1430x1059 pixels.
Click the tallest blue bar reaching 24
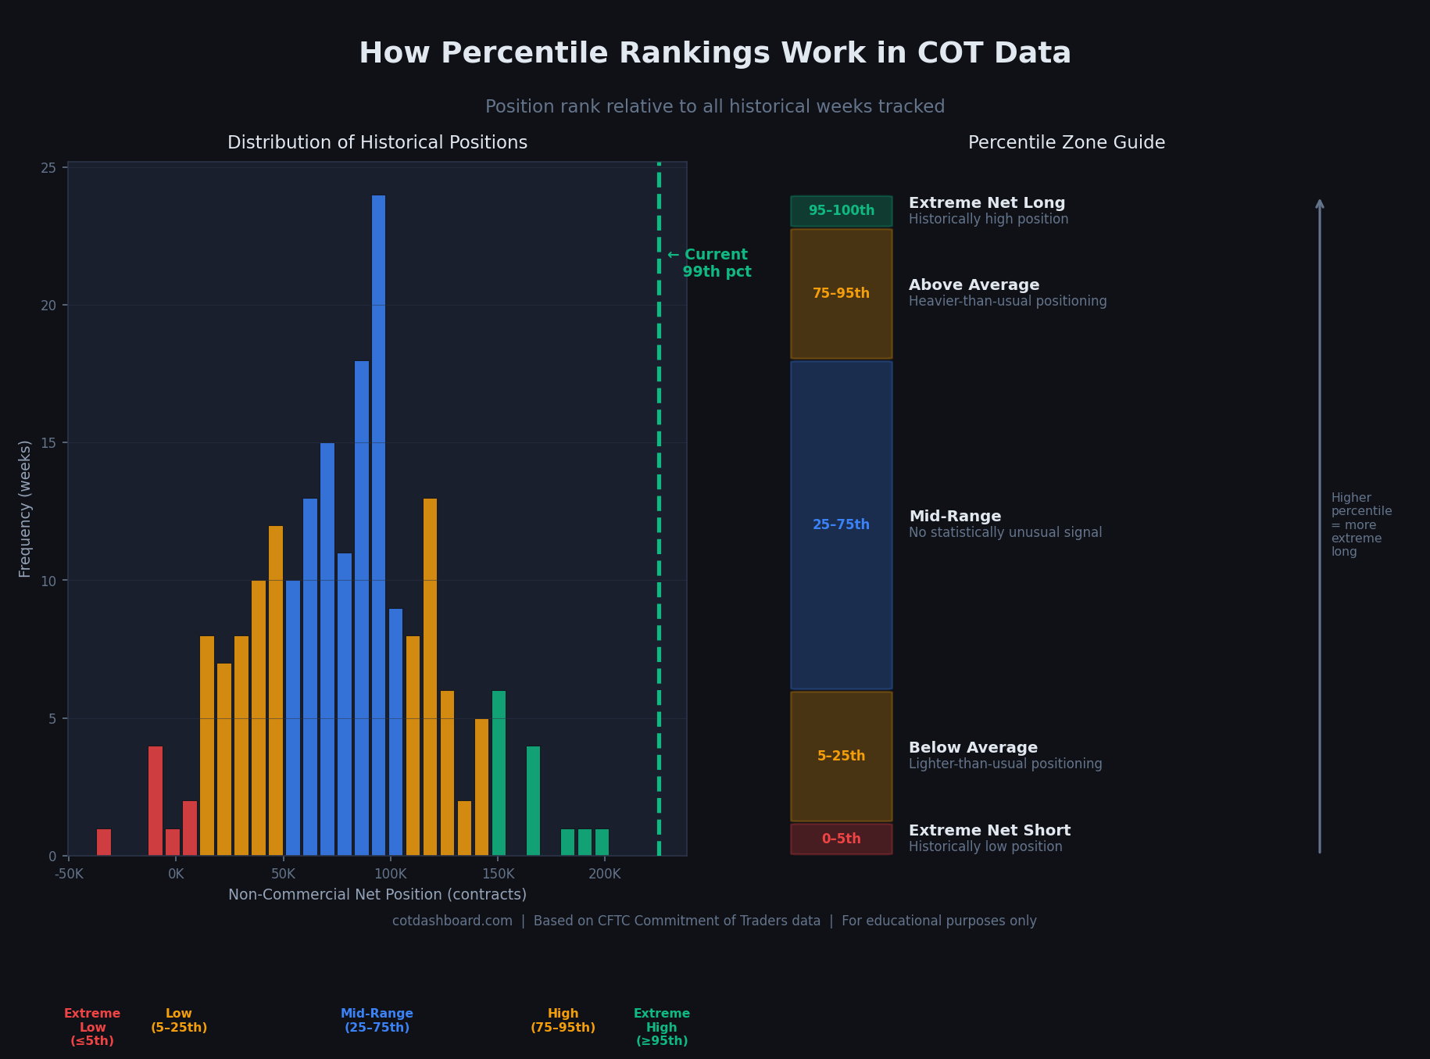pos(378,525)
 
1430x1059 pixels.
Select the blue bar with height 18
pos(361,608)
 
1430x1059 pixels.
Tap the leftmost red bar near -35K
pos(104,843)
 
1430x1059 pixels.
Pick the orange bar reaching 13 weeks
pos(430,677)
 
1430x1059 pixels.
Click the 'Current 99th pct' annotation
pos(710,263)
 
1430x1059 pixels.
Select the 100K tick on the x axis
pos(390,874)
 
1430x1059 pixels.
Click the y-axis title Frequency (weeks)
pos(25,509)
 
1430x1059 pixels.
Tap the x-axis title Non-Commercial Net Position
pos(377,895)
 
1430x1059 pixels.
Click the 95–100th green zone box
pos(841,211)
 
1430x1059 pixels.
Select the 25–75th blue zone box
pos(841,524)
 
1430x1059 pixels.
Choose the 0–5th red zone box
pos(841,839)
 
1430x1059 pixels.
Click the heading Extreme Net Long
pos(986,203)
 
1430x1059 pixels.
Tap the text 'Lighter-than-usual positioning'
pos(1005,764)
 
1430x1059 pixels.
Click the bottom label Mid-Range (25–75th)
pos(377,1021)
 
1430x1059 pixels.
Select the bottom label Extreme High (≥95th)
pos(662,1027)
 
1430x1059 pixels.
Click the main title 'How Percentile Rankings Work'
pos(714,54)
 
